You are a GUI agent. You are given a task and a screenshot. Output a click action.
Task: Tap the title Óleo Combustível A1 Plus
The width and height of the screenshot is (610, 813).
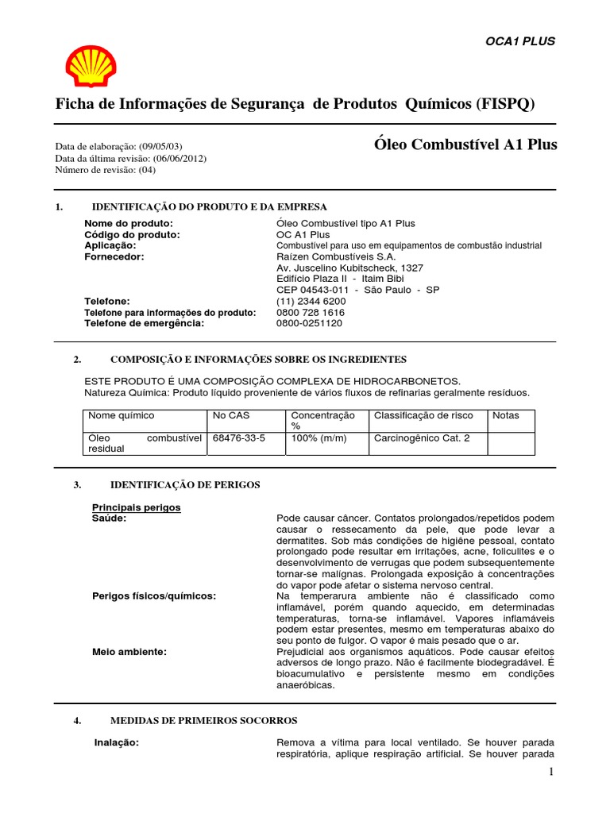[465, 144]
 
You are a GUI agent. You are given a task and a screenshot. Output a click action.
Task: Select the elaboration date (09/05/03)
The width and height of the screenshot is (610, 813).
[161, 147]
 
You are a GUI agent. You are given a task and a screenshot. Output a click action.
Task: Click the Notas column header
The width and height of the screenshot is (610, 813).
[506, 415]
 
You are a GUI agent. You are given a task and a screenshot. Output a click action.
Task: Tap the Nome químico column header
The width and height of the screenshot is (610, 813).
[122, 415]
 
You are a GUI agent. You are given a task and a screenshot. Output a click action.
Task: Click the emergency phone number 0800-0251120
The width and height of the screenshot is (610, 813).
[310, 323]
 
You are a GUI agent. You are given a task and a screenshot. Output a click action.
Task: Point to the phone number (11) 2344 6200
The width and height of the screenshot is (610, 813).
[311, 302]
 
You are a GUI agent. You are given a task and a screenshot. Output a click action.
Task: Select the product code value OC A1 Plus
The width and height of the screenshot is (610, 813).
[303, 235]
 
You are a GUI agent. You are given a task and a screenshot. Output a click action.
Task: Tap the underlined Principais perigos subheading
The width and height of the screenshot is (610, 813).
[137, 507]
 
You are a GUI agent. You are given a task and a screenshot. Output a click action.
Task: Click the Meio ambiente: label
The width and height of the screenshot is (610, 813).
[129, 652]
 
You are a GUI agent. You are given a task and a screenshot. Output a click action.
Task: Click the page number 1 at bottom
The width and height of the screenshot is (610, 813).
[550, 773]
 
